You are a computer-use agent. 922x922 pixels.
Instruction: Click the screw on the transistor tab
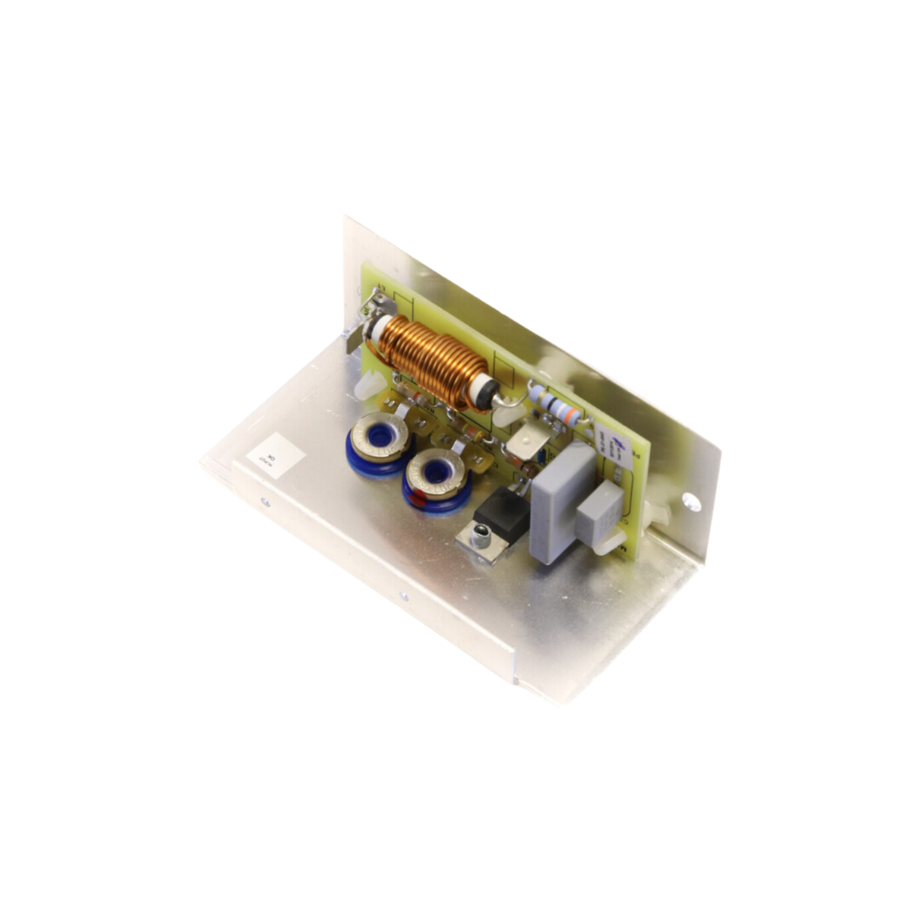tap(479, 540)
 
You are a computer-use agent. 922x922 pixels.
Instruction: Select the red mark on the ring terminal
tap(418, 500)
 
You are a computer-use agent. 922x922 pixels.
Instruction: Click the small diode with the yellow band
tap(471, 434)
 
